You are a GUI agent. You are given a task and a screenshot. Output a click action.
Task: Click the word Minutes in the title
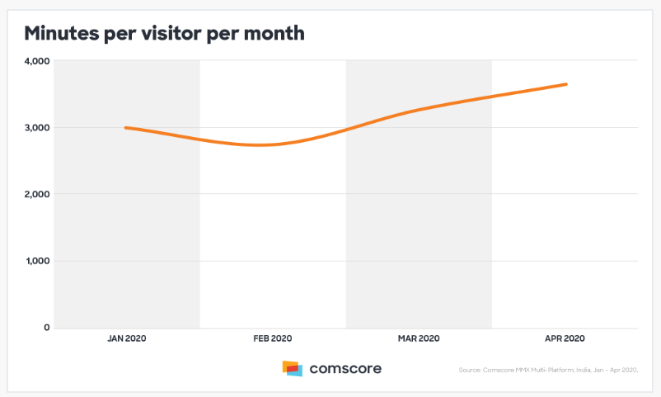coord(63,34)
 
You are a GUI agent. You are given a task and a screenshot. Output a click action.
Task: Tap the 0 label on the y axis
coord(46,328)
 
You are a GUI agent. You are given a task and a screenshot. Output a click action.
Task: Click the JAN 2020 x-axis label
coord(127,338)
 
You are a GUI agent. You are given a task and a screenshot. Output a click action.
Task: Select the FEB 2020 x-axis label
coord(273,338)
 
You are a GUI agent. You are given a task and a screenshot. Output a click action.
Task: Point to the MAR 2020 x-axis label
coord(419,338)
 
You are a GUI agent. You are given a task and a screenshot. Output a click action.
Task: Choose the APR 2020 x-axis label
coord(565,338)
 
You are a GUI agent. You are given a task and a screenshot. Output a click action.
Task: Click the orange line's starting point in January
coord(126,128)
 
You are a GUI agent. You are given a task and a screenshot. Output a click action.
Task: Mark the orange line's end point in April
coord(565,84)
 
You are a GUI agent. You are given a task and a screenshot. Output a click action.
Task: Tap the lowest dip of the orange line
coord(260,145)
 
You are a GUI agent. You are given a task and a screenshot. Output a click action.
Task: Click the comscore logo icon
coord(292,368)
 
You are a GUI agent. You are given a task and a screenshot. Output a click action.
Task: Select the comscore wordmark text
coord(345,369)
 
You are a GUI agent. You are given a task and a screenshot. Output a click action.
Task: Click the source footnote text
coord(548,370)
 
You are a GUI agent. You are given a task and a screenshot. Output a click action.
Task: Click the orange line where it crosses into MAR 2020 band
coord(346,129)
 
